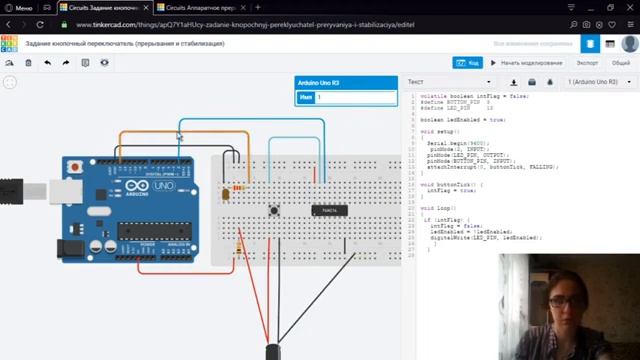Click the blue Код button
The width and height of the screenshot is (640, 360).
469,62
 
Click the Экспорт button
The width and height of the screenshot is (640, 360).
587,62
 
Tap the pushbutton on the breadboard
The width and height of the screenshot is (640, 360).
274,210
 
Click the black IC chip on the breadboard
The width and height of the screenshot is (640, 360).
329,210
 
